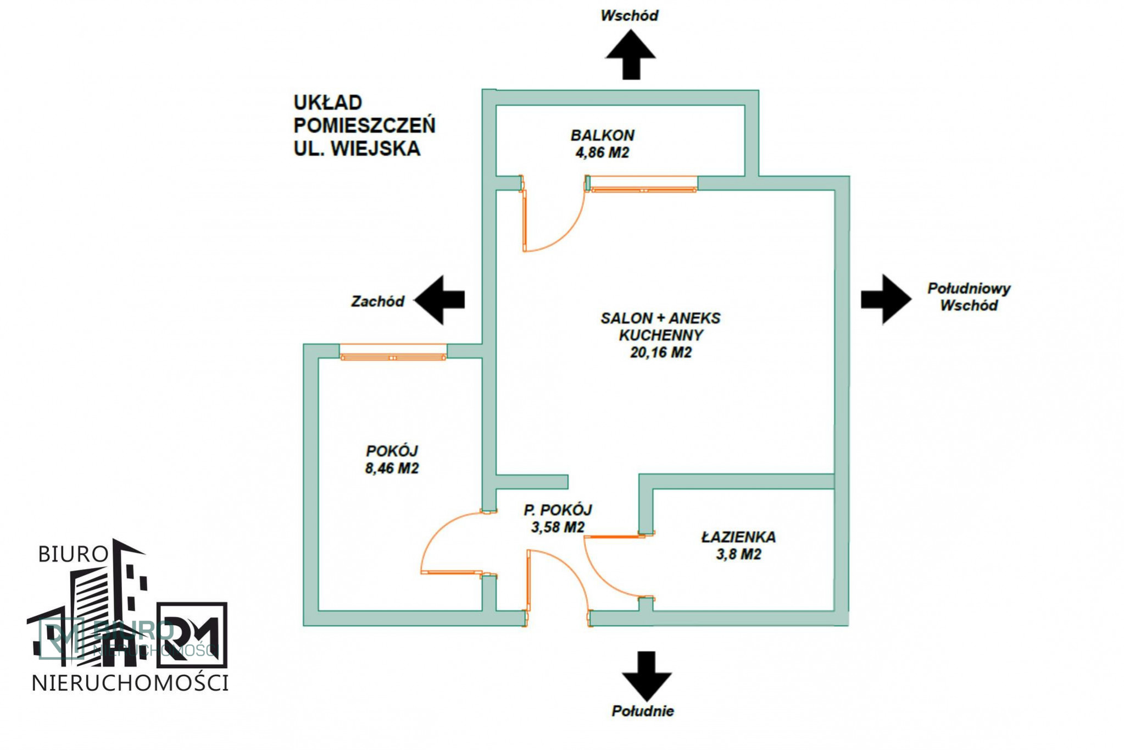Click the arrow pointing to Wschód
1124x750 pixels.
(631, 55)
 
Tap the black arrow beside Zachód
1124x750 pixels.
(439, 300)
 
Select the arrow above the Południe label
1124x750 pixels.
(647, 676)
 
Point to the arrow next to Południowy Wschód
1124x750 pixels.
(886, 299)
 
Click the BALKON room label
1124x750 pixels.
(602, 135)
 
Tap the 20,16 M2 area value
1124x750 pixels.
(660, 352)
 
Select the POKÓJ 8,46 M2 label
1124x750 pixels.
(392, 460)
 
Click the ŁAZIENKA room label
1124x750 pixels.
(738, 537)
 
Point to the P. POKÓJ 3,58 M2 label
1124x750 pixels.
(558, 519)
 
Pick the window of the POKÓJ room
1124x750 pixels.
(393, 351)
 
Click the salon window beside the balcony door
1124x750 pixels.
(642, 184)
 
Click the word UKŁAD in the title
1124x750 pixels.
(328, 102)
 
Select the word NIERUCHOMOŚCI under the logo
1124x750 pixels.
(130, 682)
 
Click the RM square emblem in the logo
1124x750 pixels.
(192, 635)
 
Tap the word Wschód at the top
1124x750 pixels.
(629, 15)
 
